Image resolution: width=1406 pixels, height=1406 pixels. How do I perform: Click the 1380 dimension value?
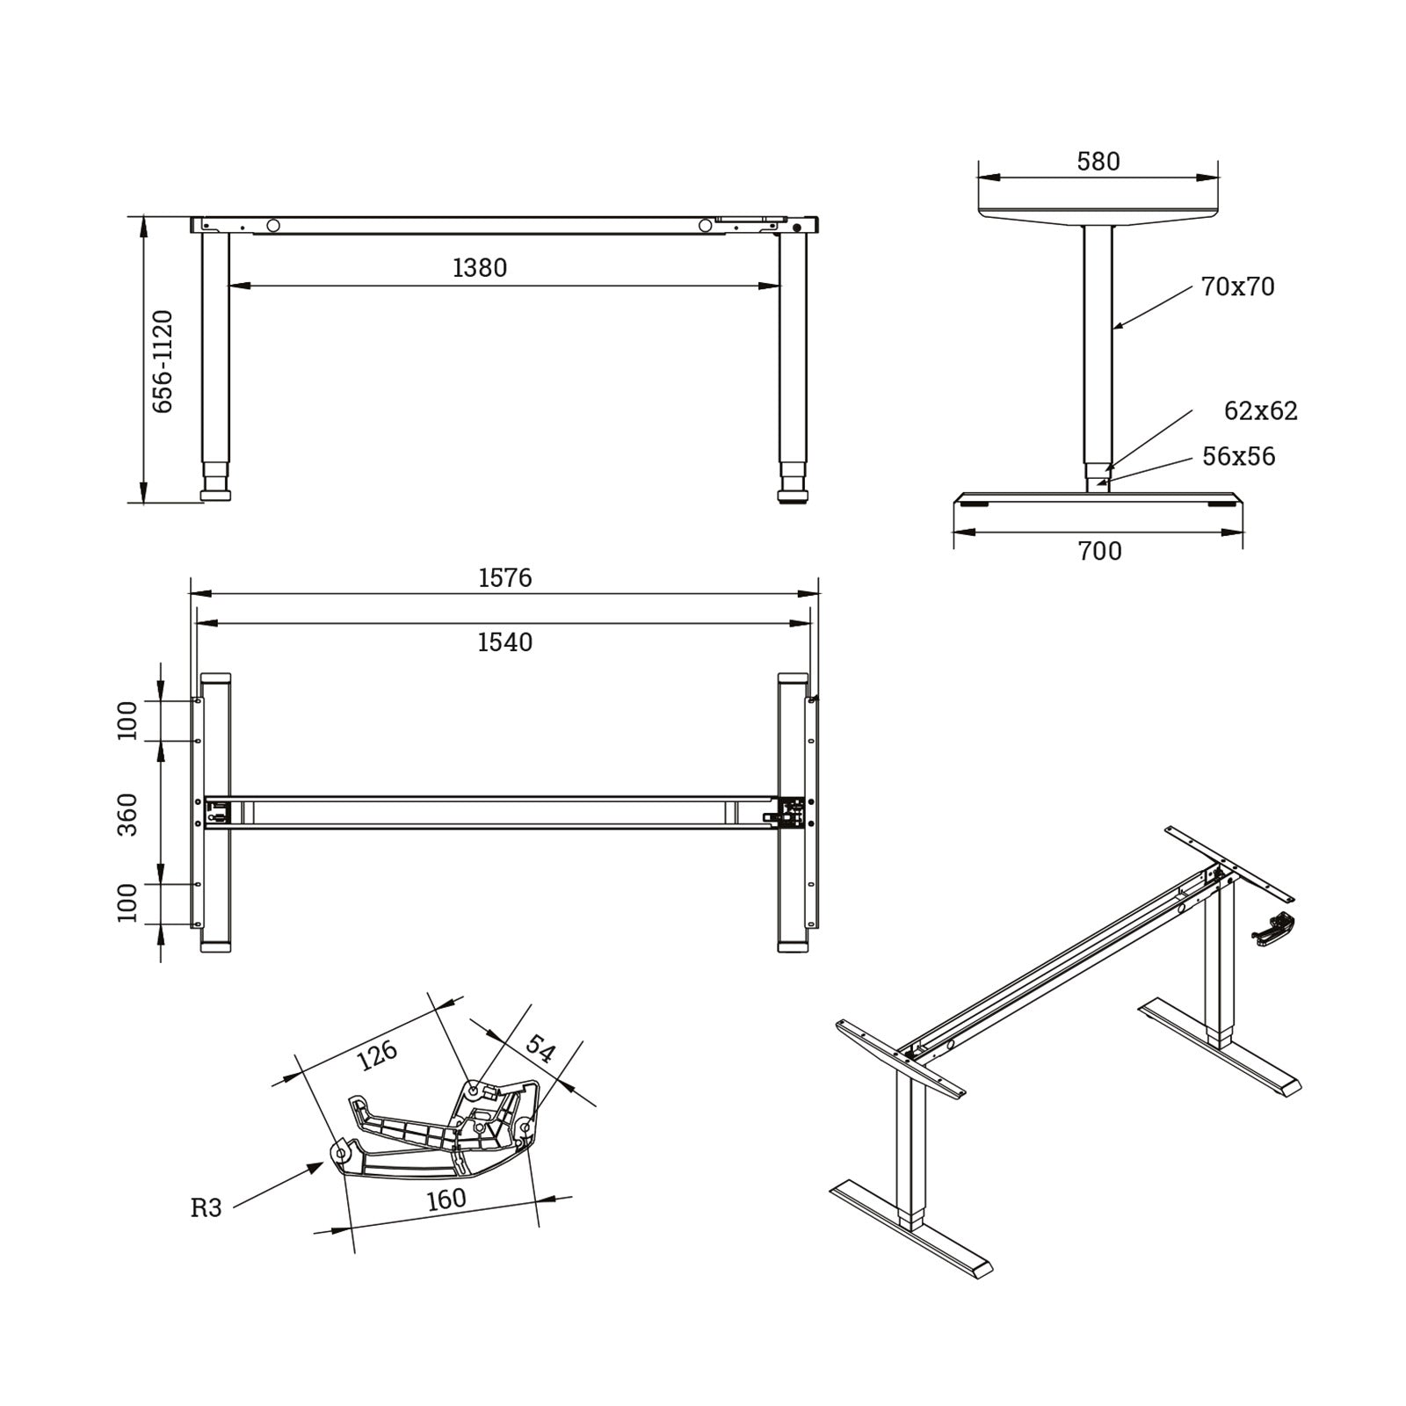coord(480,267)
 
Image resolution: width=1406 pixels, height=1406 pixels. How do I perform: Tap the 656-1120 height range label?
coord(163,361)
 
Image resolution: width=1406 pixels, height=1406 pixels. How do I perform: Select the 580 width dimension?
coord(1098,162)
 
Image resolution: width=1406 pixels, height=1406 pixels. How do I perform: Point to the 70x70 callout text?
coord(1237,286)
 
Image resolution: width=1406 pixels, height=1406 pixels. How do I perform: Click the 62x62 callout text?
coord(1261,411)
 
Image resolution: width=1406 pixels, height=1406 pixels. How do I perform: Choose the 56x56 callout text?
coord(1239,456)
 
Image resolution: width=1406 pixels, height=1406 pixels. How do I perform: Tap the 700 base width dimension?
coord(1099,551)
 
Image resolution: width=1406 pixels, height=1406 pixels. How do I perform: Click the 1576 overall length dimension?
coord(505,577)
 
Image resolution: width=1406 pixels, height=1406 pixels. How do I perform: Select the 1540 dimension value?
coord(505,642)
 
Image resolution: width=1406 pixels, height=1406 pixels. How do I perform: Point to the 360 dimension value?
coord(128,815)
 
